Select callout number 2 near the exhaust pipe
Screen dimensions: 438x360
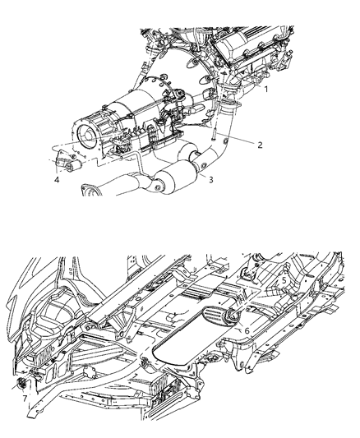[x=259, y=145]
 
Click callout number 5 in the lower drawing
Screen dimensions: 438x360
[x=283, y=279]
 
